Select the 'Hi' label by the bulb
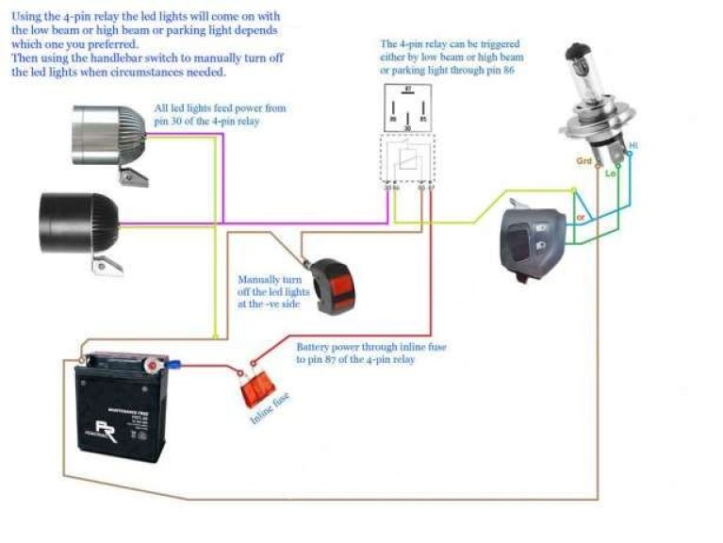pyautogui.click(x=633, y=146)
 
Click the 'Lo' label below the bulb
pyautogui.click(x=609, y=174)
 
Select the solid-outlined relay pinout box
pyautogui.click(x=405, y=107)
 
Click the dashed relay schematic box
pyautogui.click(x=406, y=161)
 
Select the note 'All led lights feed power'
pyautogui.click(x=220, y=115)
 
